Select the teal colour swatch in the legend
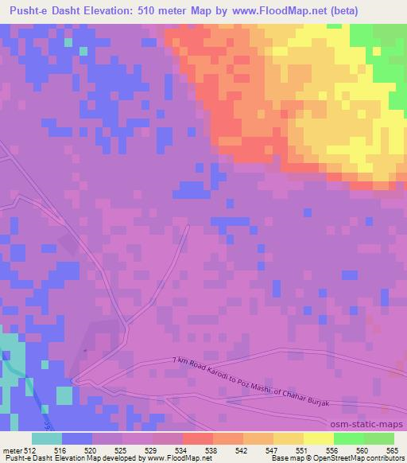click(x=47, y=438)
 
